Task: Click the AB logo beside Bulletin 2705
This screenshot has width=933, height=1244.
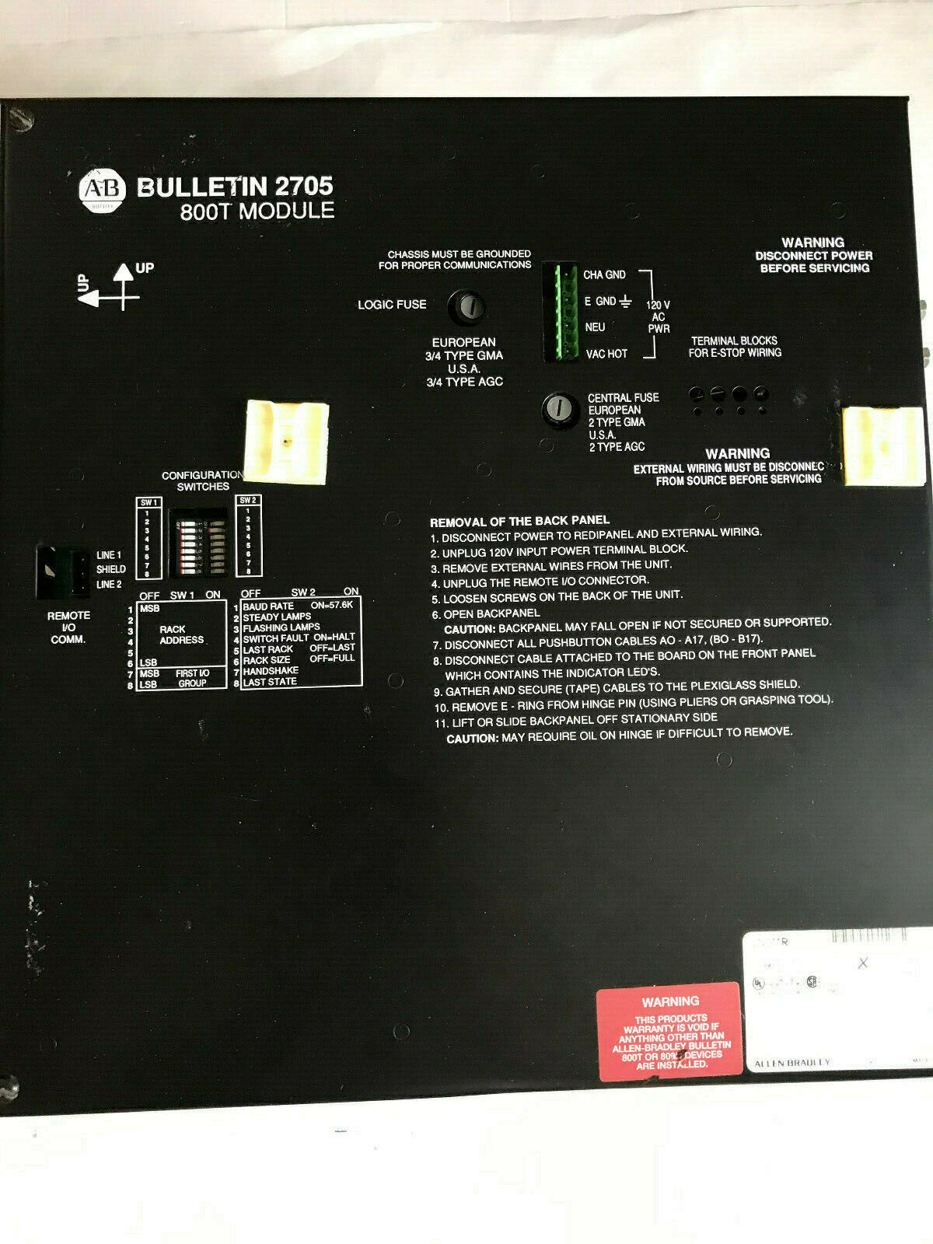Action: [102, 189]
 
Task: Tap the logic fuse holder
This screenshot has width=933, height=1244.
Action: [466, 306]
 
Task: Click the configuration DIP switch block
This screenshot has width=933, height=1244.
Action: [198, 543]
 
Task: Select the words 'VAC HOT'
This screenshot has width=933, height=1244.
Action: [606, 355]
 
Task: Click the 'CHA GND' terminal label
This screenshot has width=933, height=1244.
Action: [604, 274]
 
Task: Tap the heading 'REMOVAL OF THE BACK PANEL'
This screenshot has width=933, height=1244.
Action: [519, 520]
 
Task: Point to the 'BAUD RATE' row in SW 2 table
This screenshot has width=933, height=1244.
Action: [268, 606]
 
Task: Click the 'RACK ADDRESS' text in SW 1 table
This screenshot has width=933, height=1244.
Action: [180, 634]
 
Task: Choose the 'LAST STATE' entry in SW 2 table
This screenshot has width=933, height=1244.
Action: [270, 682]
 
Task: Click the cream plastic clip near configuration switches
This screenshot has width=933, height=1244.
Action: [287, 441]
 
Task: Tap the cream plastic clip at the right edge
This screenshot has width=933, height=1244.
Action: [883, 446]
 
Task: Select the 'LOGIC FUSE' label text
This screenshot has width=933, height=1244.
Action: [392, 305]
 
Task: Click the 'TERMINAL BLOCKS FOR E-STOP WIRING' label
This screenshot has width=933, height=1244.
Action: [734, 347]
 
